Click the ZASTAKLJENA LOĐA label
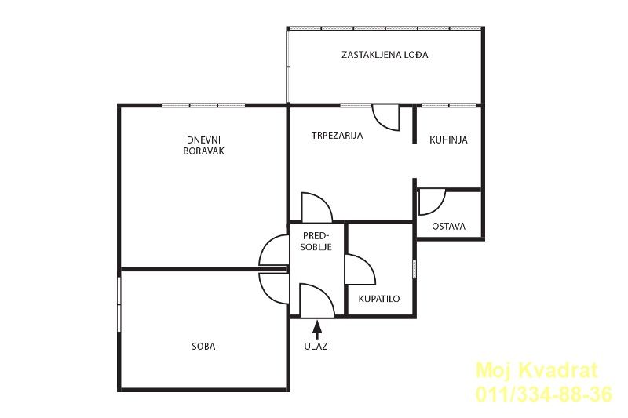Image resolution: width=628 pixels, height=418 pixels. click(x=385, y=55)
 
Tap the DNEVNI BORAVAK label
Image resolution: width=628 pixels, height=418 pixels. click(x=203, y=146)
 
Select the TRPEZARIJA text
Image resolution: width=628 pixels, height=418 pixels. click(x=337, y=135)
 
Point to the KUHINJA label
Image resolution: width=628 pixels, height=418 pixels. click(x=448, y=140)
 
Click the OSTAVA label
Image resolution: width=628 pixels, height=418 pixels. click(x=448, y=227)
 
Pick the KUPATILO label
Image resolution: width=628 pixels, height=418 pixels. click(x=379, y=299)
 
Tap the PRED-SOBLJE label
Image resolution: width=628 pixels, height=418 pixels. click(x=316, y=242)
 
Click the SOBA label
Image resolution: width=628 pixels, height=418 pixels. click(x=203, y=347)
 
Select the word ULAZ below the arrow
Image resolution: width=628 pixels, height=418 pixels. click(x=316, y=347)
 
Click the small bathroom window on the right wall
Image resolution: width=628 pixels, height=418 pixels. click(x=414, y=269)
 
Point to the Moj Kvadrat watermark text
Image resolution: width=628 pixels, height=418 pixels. click(x=537, y=370)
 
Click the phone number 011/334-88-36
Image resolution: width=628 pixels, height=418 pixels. click(x=544, y=394)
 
